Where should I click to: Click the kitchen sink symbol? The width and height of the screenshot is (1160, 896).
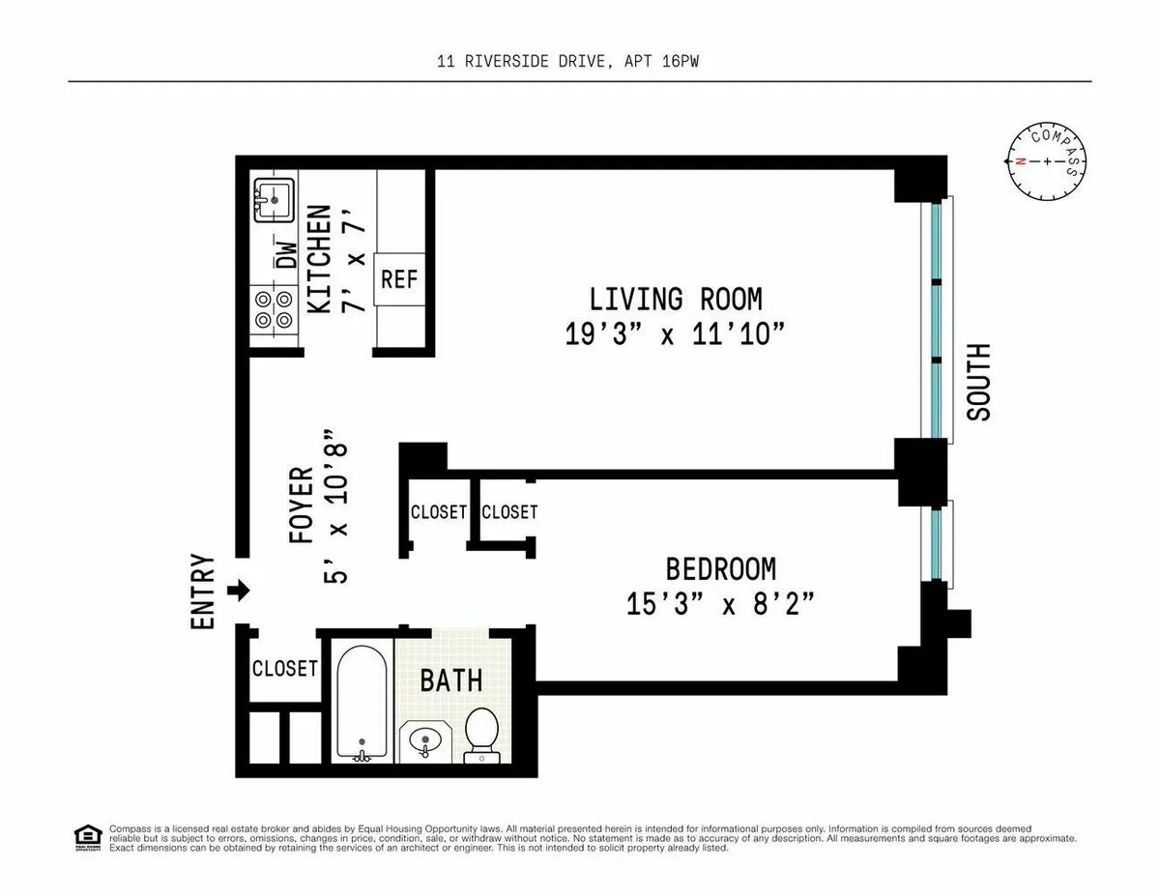[x=274, y=200]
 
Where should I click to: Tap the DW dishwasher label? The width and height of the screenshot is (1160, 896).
[x=287, y=253]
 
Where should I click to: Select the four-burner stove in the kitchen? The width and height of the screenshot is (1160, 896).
[x=274, y=310]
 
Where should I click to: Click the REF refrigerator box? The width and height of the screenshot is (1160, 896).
[x=398, y=279]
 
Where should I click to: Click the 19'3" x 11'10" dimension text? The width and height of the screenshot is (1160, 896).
[x=674, y=334]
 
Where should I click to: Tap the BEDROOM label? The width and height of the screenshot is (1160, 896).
[x=720, y=568]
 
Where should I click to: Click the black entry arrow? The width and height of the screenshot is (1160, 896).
[x=239, y=590]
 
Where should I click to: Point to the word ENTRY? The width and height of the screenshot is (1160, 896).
[x=203, y=592]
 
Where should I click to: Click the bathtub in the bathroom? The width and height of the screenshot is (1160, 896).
[x=362, y=703]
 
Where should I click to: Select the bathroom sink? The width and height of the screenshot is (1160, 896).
[x=424, y=742]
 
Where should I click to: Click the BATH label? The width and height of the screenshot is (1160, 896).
[x=450, y=679]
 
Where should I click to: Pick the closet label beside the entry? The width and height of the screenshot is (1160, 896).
[x=284, y=668]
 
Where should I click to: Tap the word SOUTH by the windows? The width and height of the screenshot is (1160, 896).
[x=979, y=382]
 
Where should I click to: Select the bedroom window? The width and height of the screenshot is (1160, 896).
[x=936, y=541]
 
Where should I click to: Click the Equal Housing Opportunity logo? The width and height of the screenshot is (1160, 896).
[x=87, y=836]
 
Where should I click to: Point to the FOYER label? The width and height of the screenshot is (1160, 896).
[x=302, y=505]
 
